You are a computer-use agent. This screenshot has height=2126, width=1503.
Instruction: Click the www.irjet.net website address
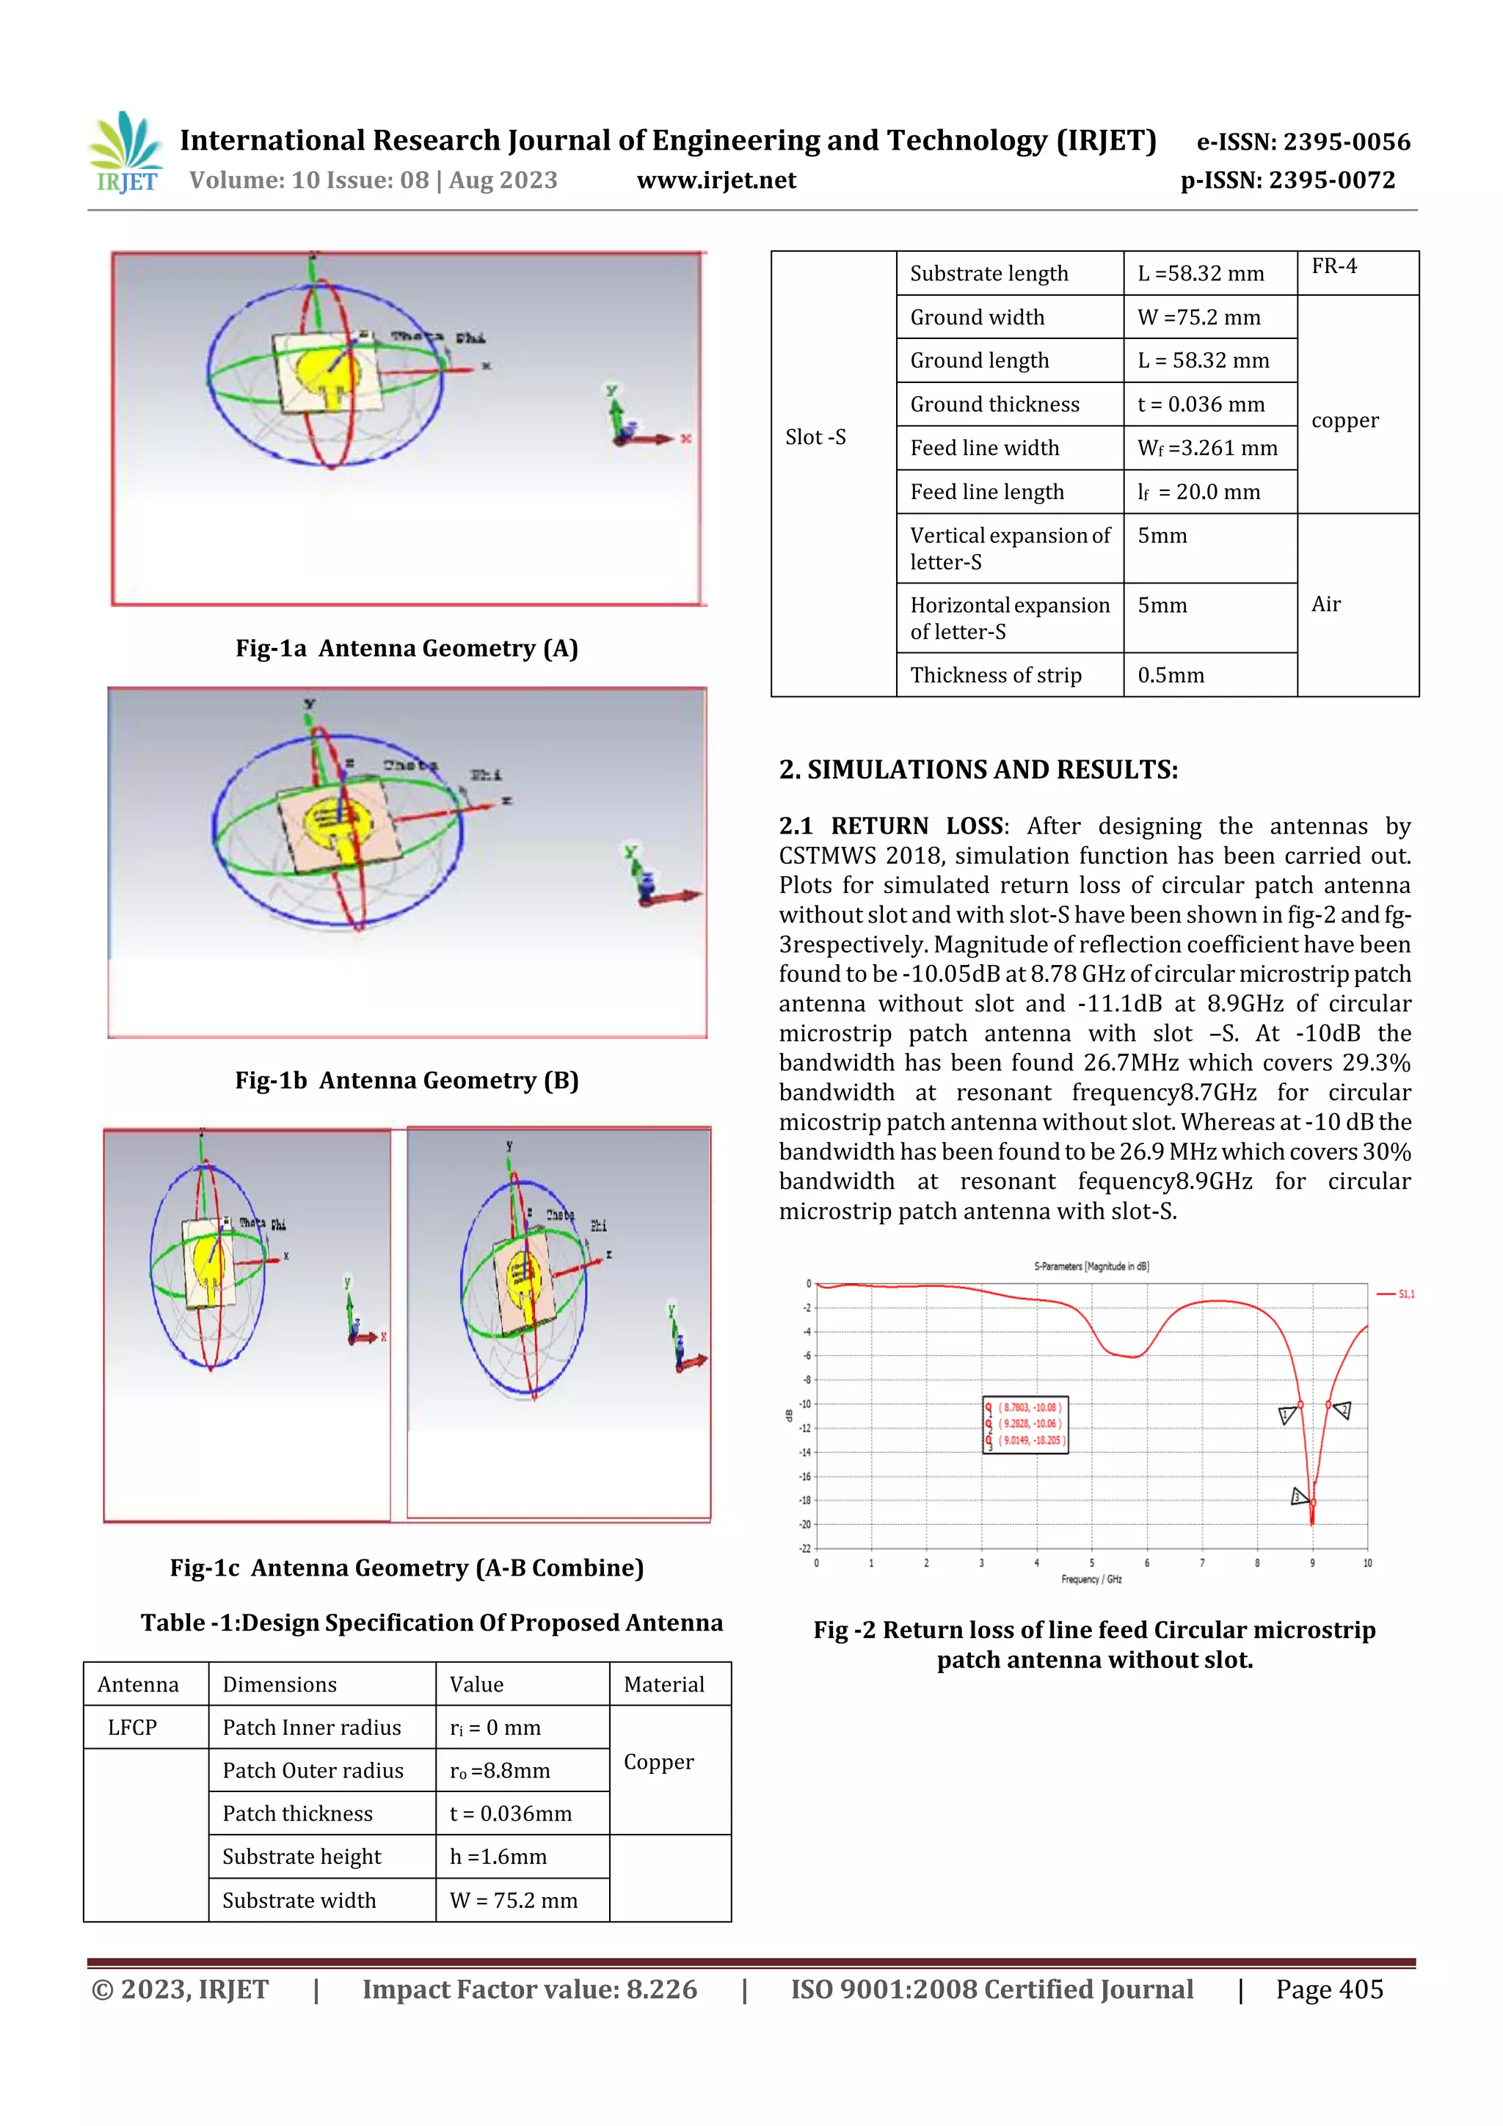click(716, 181)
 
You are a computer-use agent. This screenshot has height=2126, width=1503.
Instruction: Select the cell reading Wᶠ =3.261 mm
click(1207, 448)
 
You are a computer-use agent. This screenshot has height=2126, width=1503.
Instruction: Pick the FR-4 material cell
click(1334, 266)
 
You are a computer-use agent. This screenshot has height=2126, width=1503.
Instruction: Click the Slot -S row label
click(815, 437)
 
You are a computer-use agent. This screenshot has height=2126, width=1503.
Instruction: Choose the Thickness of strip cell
click(996, 675)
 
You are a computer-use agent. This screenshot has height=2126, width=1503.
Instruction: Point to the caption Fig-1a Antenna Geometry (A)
click(407, 648)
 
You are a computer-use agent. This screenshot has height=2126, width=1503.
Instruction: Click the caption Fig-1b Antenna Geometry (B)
click(407, 1080)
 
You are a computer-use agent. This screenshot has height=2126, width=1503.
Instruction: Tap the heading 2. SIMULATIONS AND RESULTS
click(978, 770)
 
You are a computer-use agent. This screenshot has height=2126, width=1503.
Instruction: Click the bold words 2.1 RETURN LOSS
click(891, 826)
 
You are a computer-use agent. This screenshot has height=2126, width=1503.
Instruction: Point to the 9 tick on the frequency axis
click(1312, 1563)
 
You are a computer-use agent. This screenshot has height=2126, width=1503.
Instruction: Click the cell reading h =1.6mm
click(498, 1857)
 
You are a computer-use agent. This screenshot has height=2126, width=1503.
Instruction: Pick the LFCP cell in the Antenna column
click(132, 1727)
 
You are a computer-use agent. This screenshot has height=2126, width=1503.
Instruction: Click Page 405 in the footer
click(1329, 1990)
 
